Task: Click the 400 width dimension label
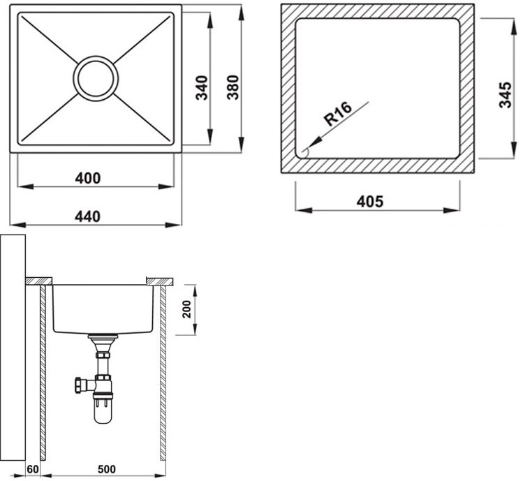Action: [88, 178]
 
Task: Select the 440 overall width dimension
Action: [88, 216]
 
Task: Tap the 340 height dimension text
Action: [201, 89]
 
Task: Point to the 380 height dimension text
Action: [233, 87]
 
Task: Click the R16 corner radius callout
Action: [336, 113]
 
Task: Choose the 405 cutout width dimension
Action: [370, 202]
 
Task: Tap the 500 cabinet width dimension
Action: [105, 468]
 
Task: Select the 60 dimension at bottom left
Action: [33, 468]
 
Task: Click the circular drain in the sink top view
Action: [97, 77]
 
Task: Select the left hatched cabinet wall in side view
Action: [43, 370]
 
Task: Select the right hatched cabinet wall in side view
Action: [163, 370]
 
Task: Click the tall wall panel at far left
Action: [13, 349]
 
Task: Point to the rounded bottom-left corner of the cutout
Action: [302, 153]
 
